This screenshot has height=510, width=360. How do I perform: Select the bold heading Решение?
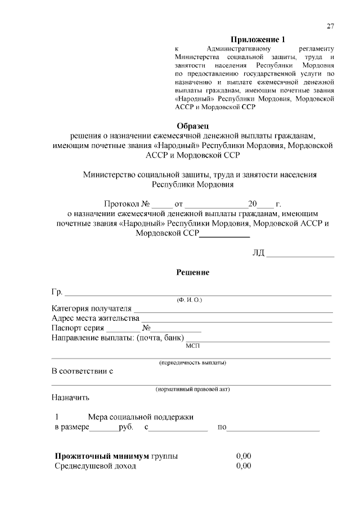193,272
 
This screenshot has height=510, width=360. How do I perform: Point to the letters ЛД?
258,252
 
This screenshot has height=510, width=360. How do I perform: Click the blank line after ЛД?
300,253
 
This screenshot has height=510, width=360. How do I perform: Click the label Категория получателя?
91,308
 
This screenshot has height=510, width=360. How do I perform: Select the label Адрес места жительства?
96,318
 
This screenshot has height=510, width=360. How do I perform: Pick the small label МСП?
193,346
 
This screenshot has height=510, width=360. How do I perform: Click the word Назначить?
70,398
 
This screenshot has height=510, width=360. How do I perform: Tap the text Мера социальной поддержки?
141,417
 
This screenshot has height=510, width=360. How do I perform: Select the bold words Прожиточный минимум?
102,456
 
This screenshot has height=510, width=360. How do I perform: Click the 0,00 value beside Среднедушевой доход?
244,466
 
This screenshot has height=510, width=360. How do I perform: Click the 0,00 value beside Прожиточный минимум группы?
244,456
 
